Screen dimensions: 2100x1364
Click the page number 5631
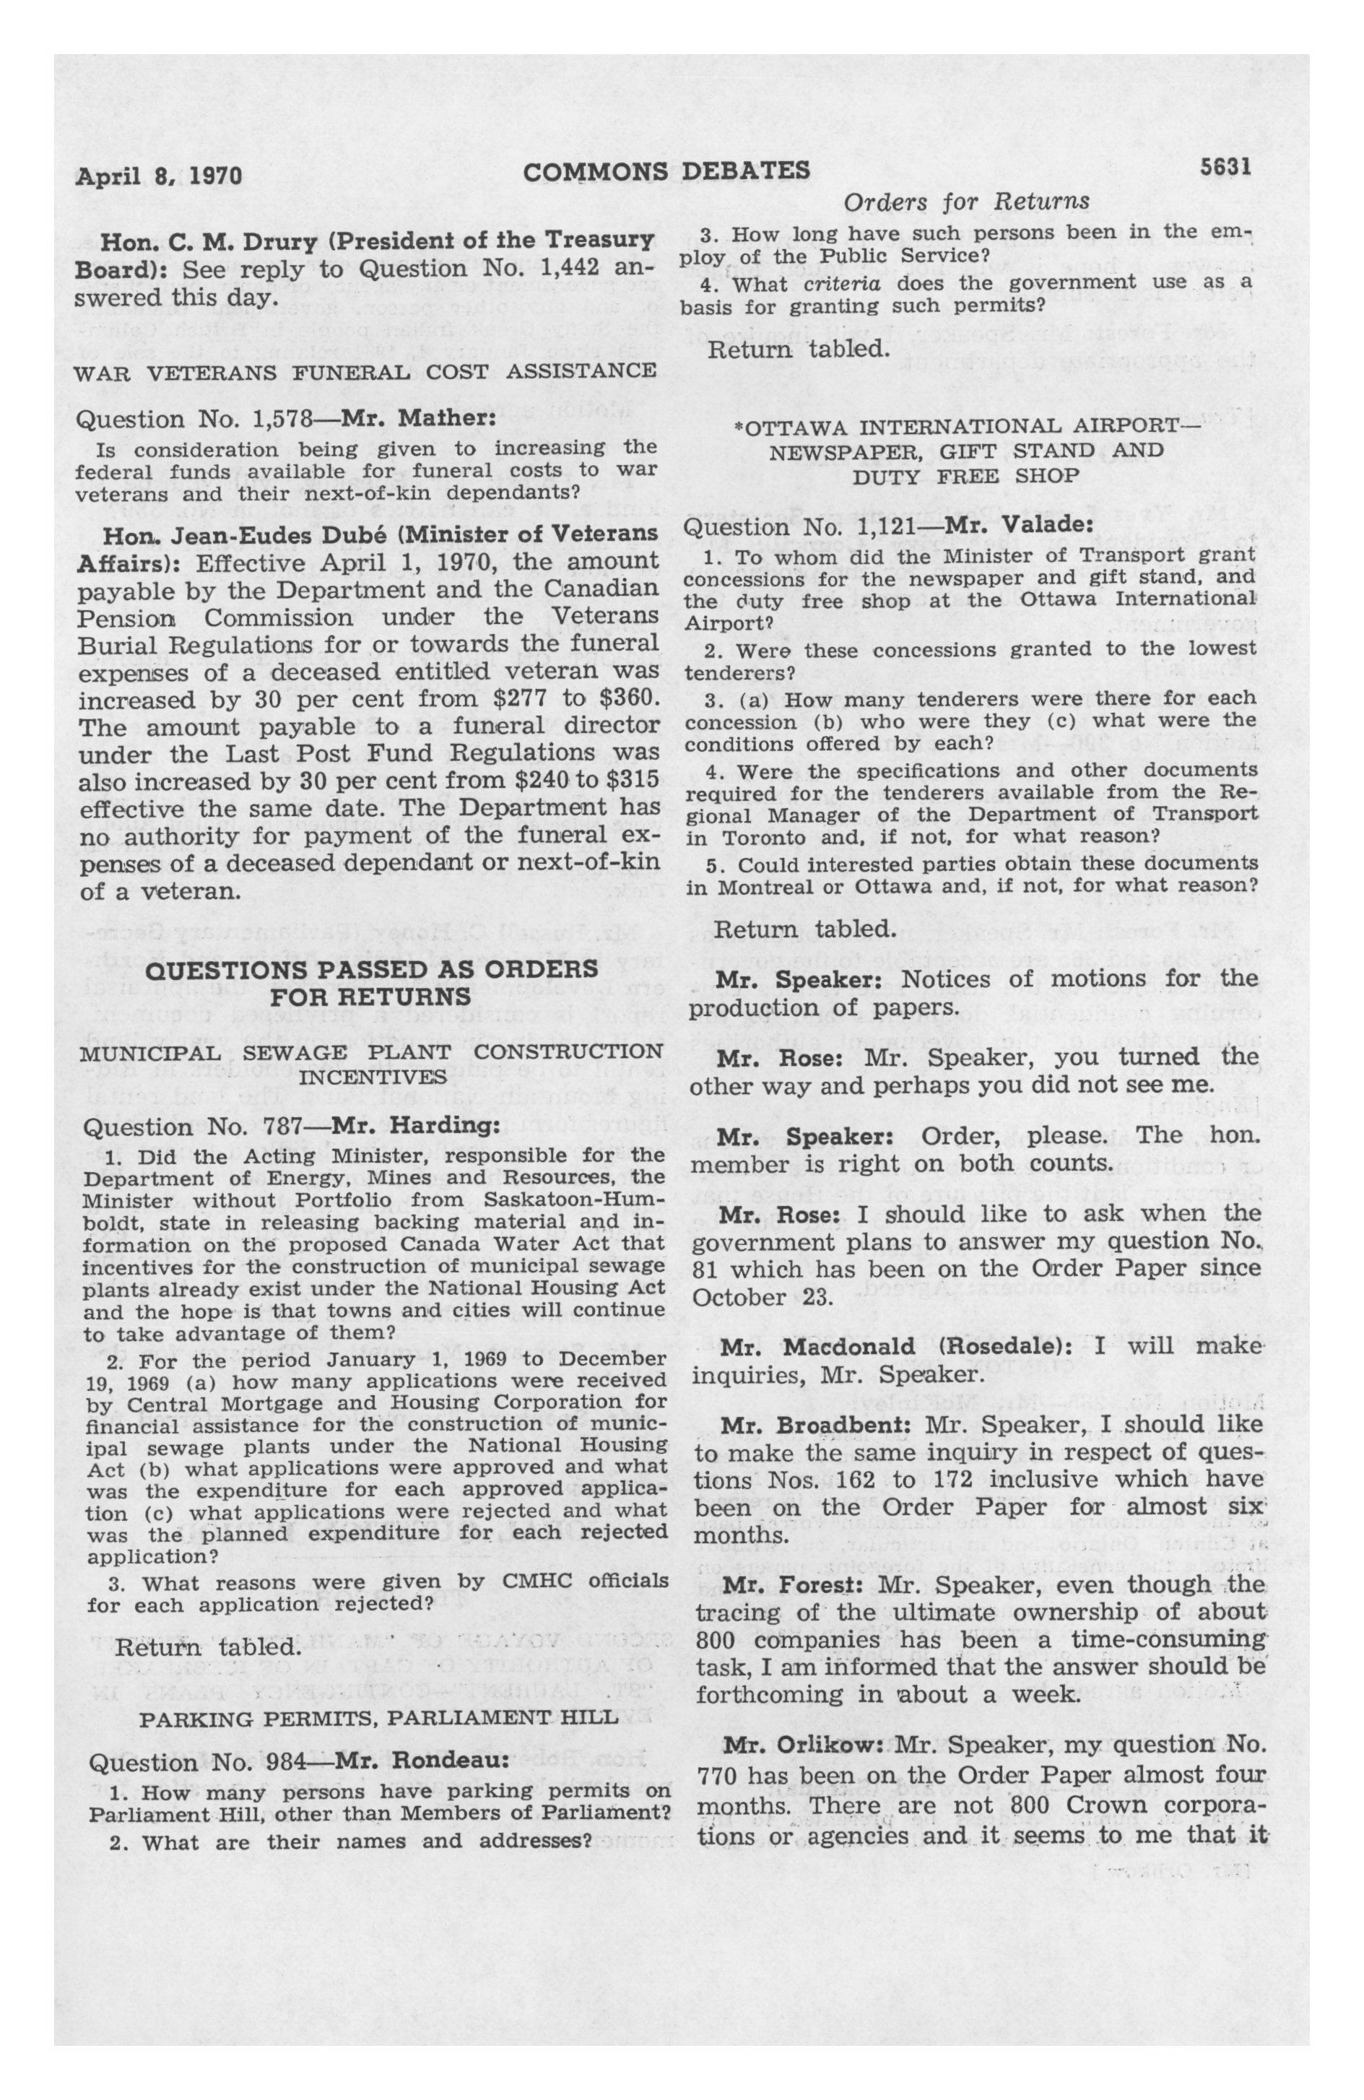coord(1225,168)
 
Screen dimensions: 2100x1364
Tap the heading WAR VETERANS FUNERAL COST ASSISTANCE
coord(366,370)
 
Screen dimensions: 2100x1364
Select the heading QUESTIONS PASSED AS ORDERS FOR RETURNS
coord(370,983)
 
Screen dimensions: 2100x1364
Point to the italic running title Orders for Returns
coord(966,203)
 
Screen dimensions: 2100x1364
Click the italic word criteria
coord(834,282)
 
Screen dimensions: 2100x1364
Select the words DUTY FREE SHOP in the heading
coord(965,476)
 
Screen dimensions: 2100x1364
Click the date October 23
coord(741,1298)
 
